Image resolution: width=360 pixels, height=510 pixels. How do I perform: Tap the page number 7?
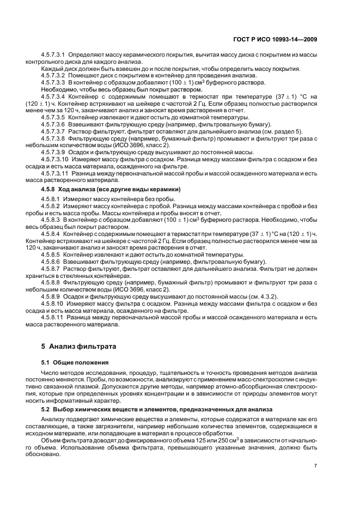[x=316, y=465]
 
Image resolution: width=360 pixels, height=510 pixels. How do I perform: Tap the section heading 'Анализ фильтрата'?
[x=82, y=347]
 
